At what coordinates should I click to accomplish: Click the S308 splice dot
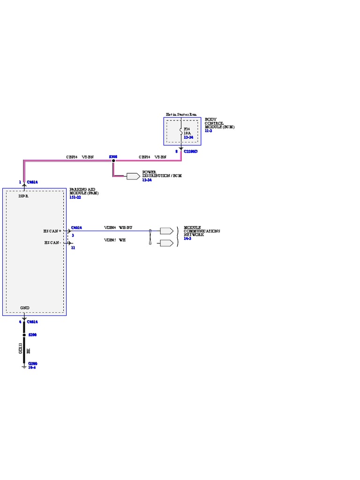click(113, 160)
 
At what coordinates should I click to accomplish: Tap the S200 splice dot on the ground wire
click(24, 335)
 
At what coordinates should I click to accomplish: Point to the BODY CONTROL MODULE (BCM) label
click(219, 123)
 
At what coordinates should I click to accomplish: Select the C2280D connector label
click(191, 151)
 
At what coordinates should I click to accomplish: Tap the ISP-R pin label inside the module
click(23, 196)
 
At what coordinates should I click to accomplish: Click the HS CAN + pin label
click(52, 231)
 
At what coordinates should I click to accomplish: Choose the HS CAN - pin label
click(52, 243)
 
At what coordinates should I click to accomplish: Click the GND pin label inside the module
click(25, 308)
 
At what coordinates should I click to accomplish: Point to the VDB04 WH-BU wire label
click(118, 227)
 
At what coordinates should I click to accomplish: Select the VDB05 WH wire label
click(115, 240)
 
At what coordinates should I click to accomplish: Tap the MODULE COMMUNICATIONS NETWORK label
click(202, 231)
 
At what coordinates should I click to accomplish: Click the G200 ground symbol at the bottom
click(24, 367)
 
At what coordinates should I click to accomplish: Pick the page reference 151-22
click(75, 197)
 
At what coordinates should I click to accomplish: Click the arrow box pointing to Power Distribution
click(133, 176)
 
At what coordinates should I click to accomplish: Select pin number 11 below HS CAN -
click(73, 247)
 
